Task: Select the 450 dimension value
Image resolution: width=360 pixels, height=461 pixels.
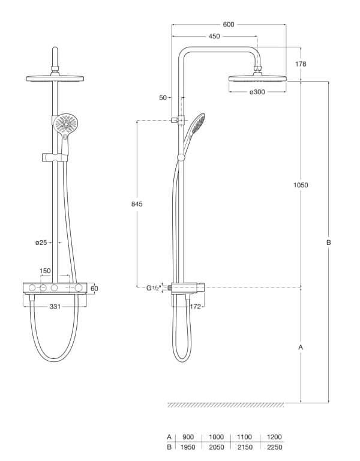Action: click(214, 37)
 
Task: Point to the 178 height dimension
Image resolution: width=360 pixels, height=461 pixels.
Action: click(301, 64)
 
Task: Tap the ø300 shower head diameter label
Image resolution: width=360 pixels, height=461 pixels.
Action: click(257, 92)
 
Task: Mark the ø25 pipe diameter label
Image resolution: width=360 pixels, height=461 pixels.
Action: click(40, 243)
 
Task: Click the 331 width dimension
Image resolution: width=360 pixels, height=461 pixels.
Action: click(55, 307)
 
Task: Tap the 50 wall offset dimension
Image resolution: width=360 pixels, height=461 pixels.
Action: click(163, 97)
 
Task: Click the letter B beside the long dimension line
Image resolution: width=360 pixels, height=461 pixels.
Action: click(328, 243)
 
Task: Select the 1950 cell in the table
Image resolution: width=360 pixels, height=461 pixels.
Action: click(188, 447)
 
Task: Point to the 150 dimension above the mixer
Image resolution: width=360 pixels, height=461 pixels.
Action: click(46, 271)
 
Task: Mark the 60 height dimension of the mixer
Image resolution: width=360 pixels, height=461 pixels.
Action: click(94, 289)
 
